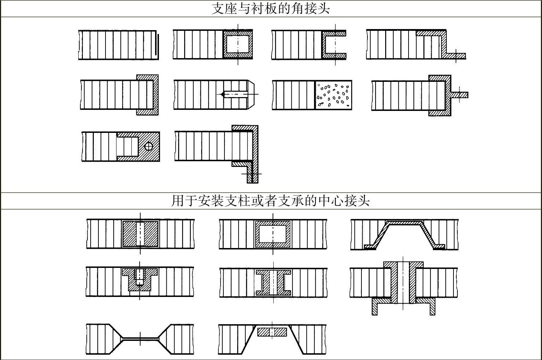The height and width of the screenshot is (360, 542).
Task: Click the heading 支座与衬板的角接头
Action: tap(271, 9)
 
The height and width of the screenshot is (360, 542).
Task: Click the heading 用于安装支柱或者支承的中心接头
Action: tap(271, 201)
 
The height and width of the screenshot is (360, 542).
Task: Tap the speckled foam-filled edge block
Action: tap(333, 95)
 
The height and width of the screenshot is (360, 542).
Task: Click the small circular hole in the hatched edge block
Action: tap(149, 146)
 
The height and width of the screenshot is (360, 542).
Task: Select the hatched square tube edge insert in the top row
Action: tap(238, 44)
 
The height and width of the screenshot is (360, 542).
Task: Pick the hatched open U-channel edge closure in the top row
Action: tap(333, 44)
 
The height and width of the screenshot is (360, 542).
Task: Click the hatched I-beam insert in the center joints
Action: tap(273, 283)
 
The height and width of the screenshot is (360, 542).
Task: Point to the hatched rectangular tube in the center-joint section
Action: tap(273, 234)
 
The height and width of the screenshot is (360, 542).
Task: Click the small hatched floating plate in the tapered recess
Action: tap(272, 332)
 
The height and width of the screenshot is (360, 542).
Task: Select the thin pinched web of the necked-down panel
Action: tap(140, 339)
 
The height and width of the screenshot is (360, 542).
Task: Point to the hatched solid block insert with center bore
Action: tap(140, 234)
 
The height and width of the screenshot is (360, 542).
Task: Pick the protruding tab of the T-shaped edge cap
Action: tap(460, 95)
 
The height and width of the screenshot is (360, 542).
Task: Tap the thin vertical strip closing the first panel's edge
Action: tap(156, 45)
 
